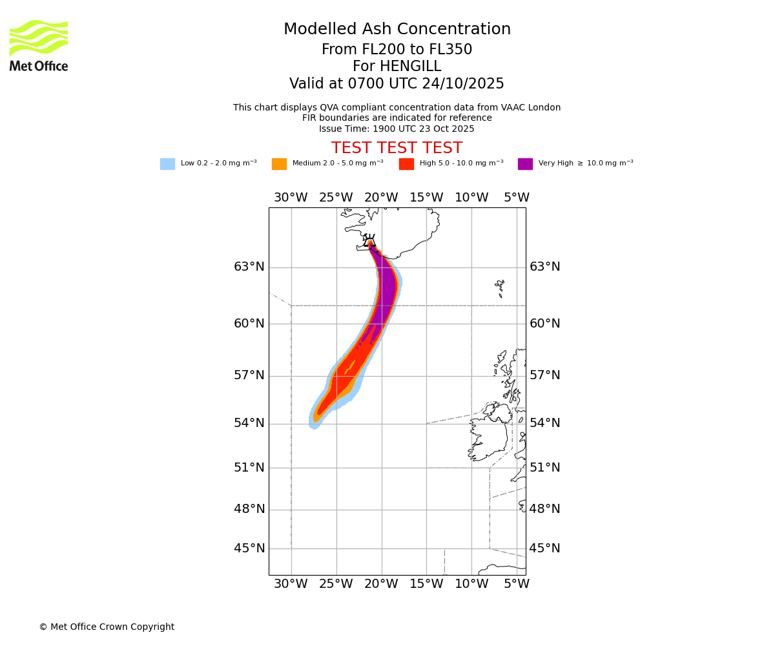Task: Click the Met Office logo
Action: pyautogui.click(x=39, y=45)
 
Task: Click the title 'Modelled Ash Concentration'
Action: pyautogui.click(x=397, y=30)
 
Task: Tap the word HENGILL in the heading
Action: pyautogui.click(x=410, y=67)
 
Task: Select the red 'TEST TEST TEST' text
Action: pyautogui.click(x=397, y=149)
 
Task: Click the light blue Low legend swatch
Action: pyautogui.click(x=167, y=164)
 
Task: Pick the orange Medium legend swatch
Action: pyautogui.click(x=279, y=164)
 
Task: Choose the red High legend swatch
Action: pyautogui.click(x=406, y=164)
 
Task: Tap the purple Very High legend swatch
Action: pyautogui.click(x=525, y=164)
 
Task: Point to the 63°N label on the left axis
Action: pyautogui.click(x=249, y=267)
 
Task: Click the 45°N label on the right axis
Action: pyautogui.click(x=545, y=548)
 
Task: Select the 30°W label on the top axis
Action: pyautogui.click(x=291, y=198)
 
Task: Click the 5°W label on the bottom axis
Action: pyautogui.click(x=517, y=584)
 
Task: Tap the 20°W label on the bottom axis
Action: pyautogui.click(x=381, y=584)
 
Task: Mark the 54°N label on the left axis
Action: pyautogui.click(x=249, y=423)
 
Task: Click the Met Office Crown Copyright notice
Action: pyautogui.click(x=107, y=627)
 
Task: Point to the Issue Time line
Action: pyautogui.click(x=397, y=129)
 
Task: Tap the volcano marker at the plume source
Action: pyautogui.click(x=369, y=242)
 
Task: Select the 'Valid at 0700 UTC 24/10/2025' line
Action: pyautogui.click(x=397, y=84)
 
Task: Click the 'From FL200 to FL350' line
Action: pyautogui.click(x=397, y=50)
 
